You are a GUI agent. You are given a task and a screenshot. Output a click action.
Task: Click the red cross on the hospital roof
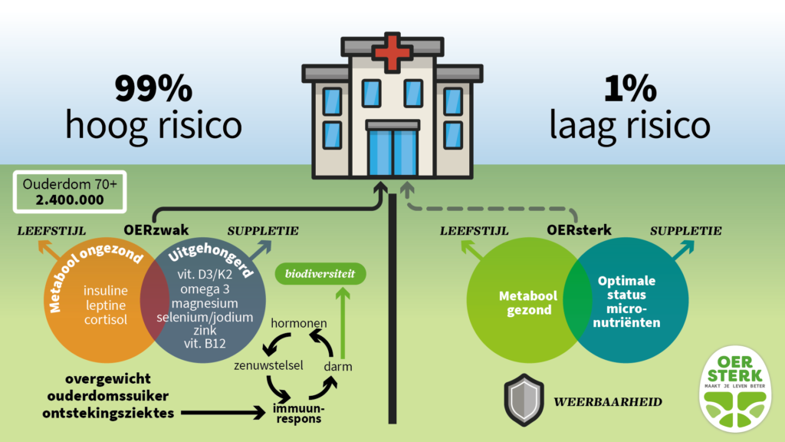392,51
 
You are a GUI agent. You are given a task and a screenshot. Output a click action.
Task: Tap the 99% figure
153,91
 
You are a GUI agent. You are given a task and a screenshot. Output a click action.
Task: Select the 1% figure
629,91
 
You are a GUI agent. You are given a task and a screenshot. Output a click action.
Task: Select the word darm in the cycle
337,367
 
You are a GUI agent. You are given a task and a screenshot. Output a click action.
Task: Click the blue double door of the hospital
392,153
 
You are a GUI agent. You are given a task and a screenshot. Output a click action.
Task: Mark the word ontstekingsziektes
120,414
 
